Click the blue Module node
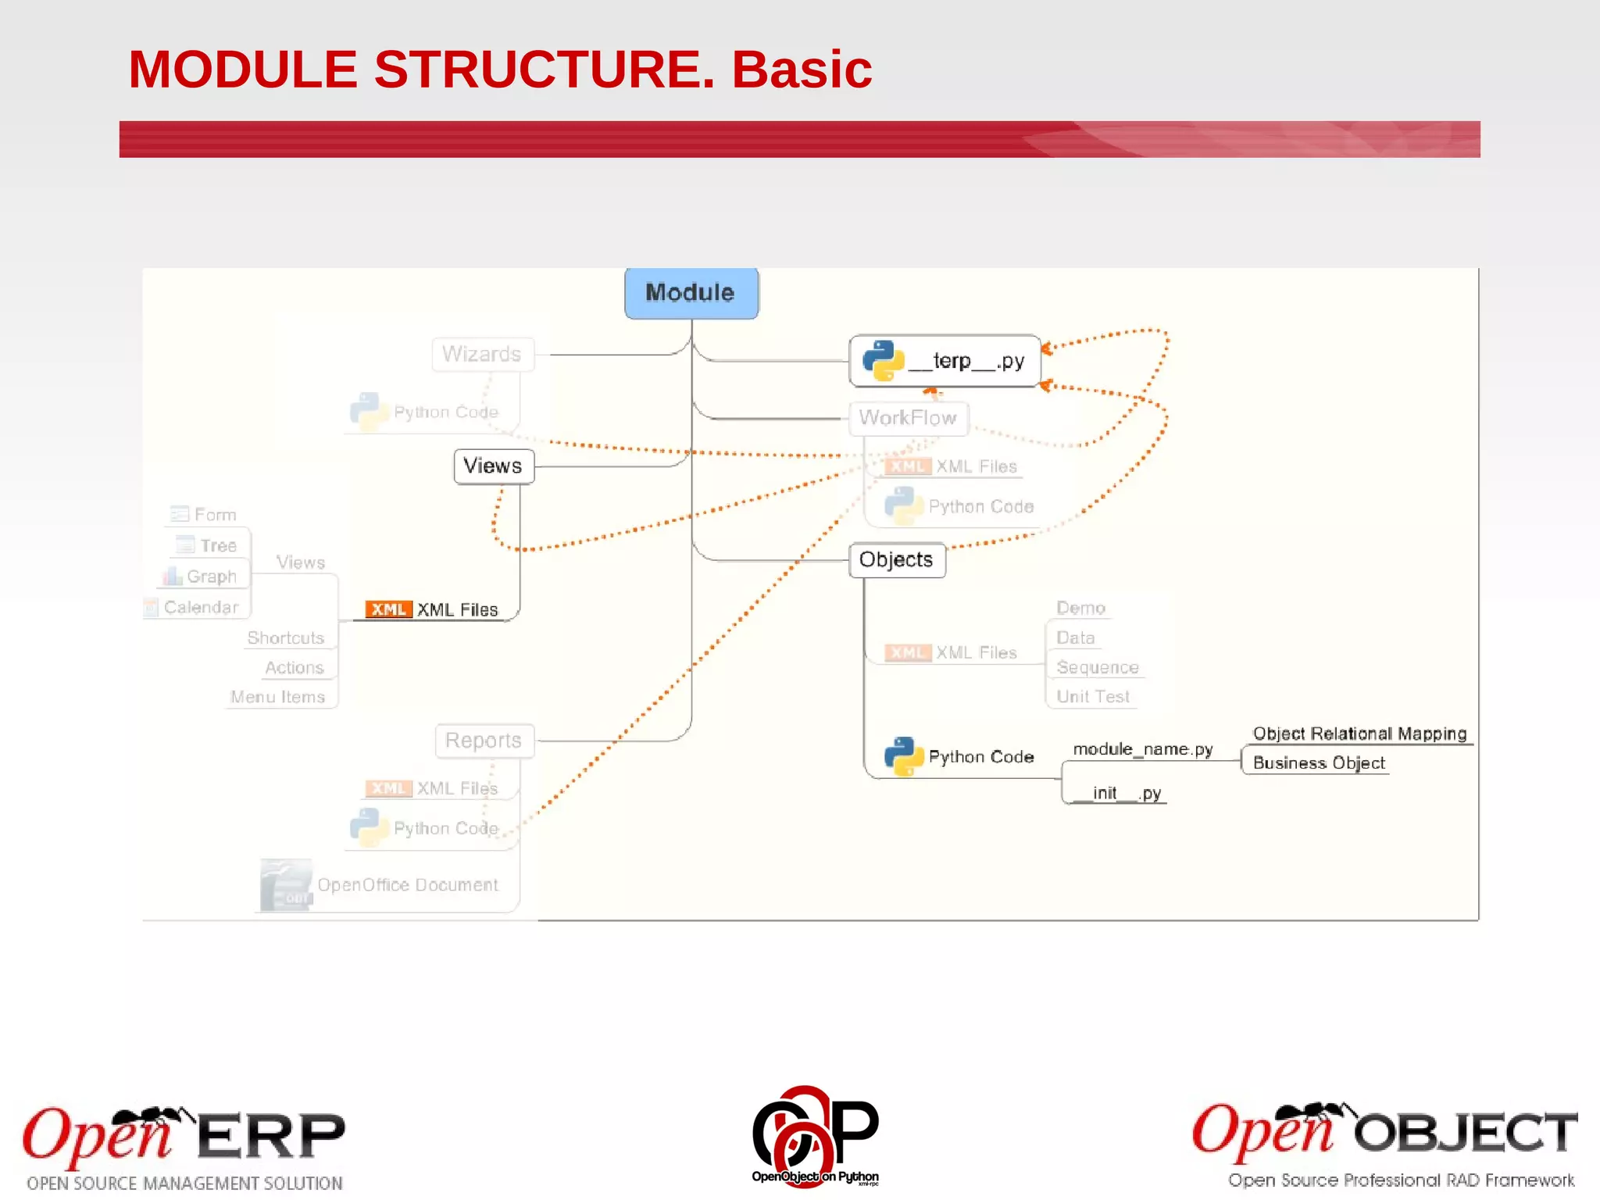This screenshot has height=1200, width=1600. tap(691, 293)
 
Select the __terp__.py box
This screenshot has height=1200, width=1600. tap(945, 361)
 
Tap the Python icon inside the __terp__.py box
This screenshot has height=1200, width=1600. tap(883, 361)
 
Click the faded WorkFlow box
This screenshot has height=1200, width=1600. tap(908, 418)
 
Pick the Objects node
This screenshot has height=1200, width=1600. tap(896, 559)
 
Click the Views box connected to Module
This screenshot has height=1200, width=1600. tap(493, 466)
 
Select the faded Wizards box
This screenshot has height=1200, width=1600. tap(482, 354)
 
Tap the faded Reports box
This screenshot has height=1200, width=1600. tap(484, 740)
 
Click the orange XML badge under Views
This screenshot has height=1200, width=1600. tap(388, 609)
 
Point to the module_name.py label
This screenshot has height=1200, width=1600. tap(1143, 749)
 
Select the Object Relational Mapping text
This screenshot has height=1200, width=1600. tap(1359, 734)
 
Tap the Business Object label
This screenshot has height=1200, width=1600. tap(1319, 762)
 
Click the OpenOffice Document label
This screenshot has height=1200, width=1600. tap(407, 884)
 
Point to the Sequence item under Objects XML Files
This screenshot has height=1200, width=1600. tap(1097, 667)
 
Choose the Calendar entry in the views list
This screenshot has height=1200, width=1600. tap(200, 607)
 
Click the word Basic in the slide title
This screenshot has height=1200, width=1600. tap(802, 70)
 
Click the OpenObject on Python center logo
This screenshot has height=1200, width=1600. tap(815, 1137)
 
